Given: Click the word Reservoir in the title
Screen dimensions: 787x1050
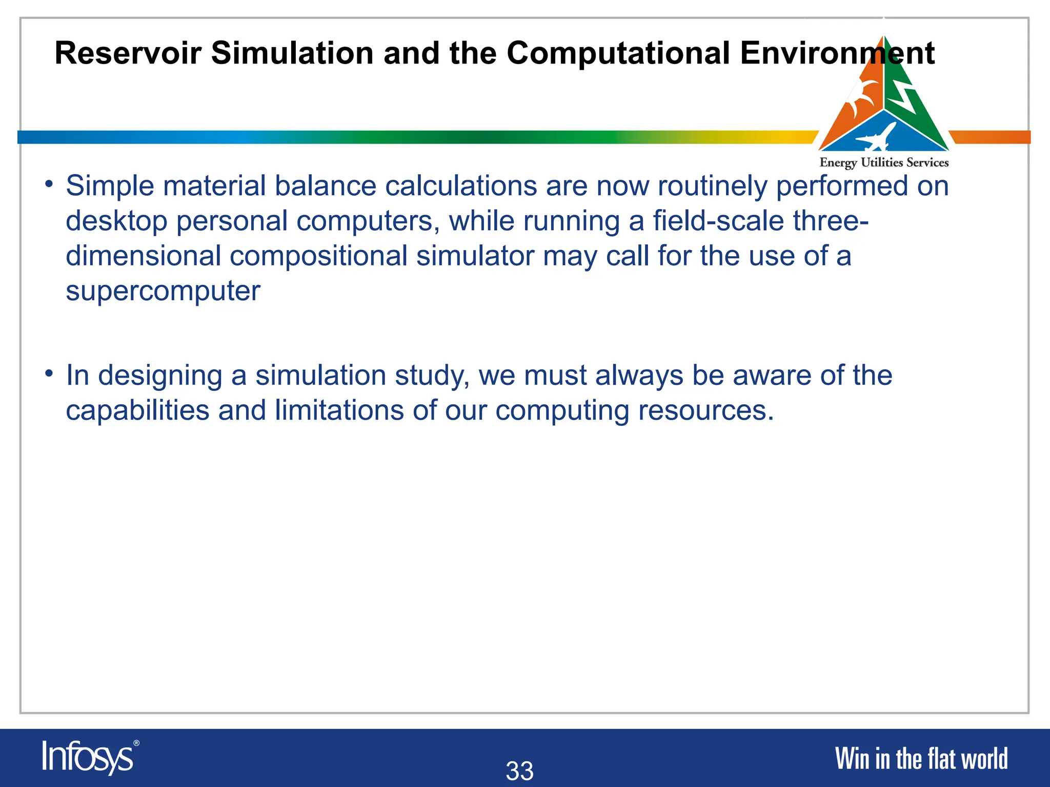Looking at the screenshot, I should tap(128, 53).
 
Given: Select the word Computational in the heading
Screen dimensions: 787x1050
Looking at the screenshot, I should tap(618, 53).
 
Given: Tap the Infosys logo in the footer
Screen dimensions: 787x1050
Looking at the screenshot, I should tap(88, 757).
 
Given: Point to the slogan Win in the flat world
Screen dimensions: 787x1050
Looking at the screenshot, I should tap(921, 759).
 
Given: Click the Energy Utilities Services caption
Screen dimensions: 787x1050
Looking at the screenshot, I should tap(884, 163).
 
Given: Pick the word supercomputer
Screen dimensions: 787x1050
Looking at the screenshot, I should tap(163, 291).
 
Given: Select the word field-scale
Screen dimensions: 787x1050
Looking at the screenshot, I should tap(718, 221).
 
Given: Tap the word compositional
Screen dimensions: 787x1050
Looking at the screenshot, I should tap(318, 256).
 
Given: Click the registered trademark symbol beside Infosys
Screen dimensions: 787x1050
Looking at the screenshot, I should tap(136, 743).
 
